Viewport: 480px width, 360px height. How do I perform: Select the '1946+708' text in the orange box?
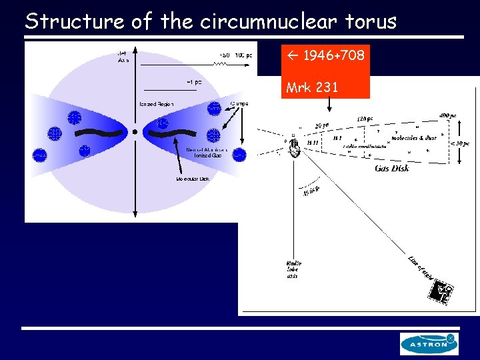click(333, 55)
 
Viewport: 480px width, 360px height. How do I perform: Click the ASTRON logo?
click(429, 344)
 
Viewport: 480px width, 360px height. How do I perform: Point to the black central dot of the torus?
click(135, 132)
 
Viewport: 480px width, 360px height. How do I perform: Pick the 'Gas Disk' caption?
click(392, 169)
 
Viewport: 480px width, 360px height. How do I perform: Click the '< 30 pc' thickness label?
click(460, 142)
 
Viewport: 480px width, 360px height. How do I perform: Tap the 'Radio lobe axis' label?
click(293, 268)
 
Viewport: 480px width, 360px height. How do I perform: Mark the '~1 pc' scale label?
click(194, 82)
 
